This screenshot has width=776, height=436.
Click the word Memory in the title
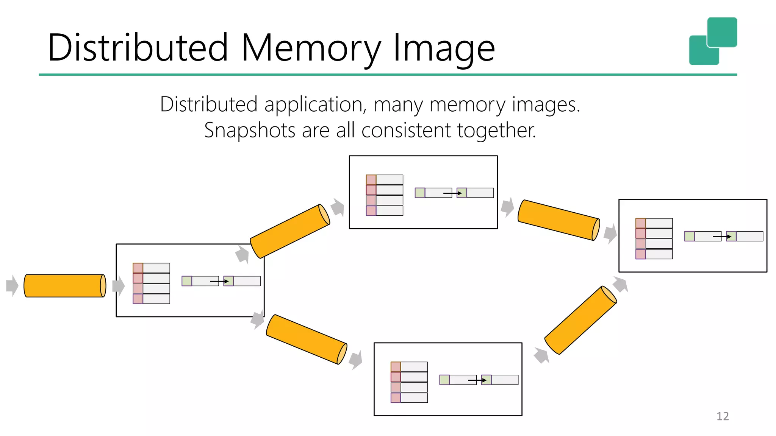click(311, 48)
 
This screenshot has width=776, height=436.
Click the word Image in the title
click(444, 48)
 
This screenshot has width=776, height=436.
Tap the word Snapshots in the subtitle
click(249, 131)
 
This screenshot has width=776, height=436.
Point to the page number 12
click(722, 416)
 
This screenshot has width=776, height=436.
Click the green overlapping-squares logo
click(713, 41)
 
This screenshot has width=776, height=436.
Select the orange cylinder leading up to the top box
click(290, 231)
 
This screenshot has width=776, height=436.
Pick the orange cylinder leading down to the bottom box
click(306, 339)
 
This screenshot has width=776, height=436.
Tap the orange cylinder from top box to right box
click(559, 220)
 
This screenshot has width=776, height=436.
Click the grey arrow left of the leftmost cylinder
click(12, 285)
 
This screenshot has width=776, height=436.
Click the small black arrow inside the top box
click(452, 193)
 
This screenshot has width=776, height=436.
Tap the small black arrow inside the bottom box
click(477, 380)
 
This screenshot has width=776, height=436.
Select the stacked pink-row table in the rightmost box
click(654, 238)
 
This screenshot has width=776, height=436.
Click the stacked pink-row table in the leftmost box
click(151, 283)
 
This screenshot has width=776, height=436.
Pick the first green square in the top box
click(420, 193)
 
